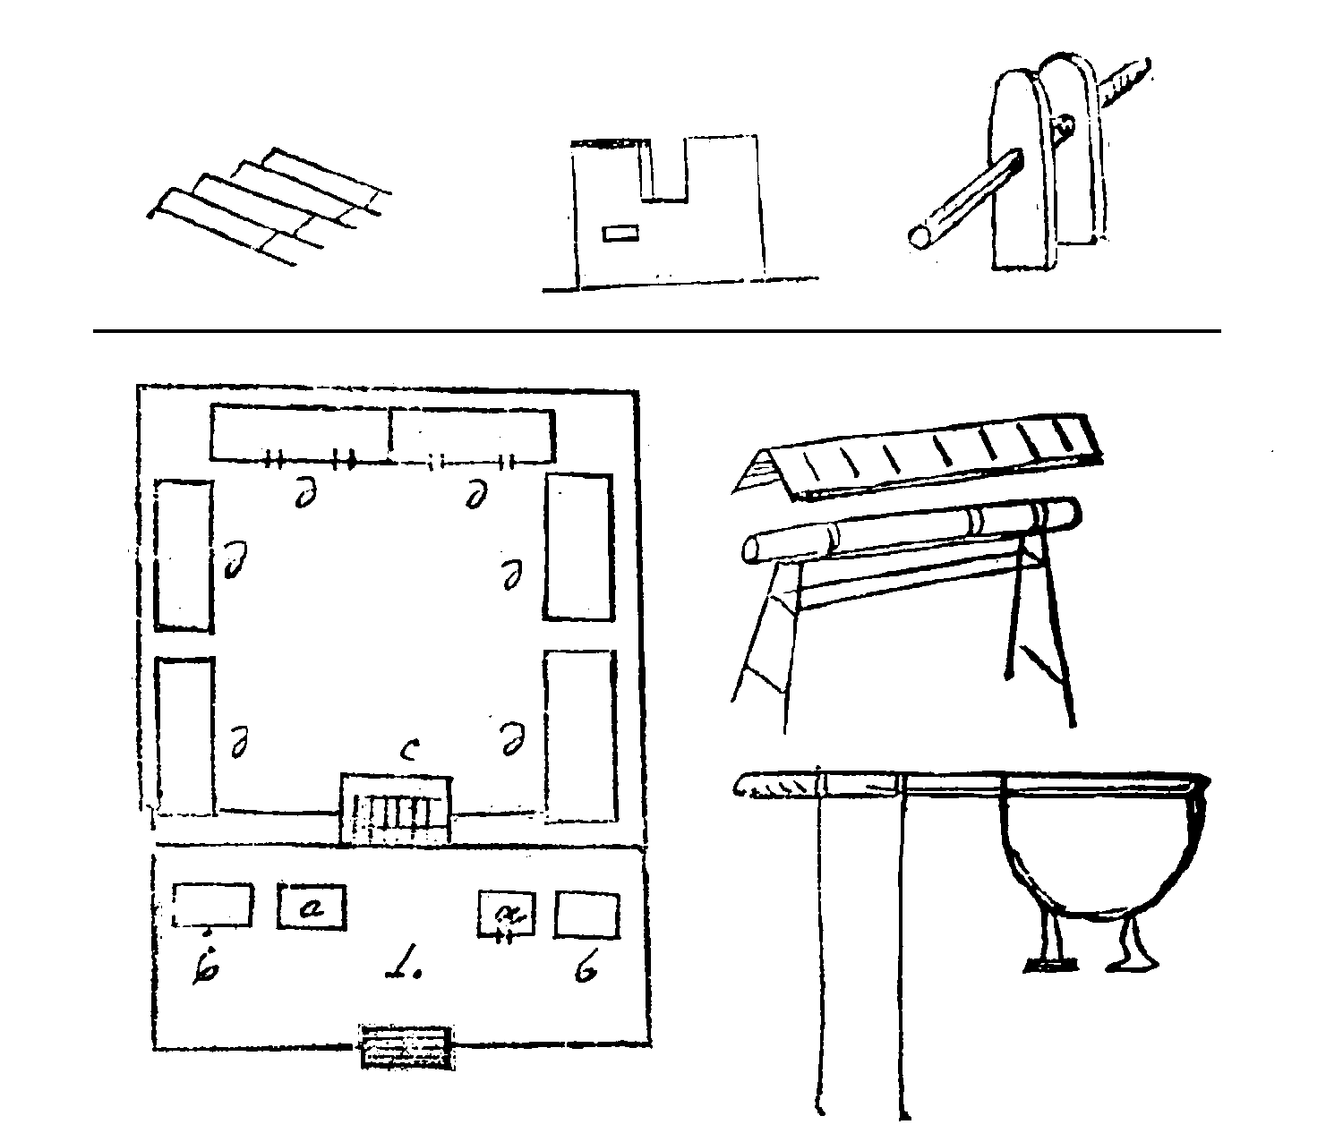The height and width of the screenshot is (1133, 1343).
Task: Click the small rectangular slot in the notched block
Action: click(x=620, y=234)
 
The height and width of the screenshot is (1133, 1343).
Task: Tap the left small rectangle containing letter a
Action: click(x=311, y=907)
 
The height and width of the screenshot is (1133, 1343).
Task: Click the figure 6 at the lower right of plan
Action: click(x=586, y=969)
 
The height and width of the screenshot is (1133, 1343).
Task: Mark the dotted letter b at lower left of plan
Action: click(x=205, y=967)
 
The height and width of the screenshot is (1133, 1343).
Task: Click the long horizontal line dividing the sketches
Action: click(x=656, y=331)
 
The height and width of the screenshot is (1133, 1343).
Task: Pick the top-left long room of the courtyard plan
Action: click(x=300, y=432)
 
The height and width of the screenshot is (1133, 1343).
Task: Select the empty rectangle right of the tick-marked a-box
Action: click(x=586, y=914)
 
